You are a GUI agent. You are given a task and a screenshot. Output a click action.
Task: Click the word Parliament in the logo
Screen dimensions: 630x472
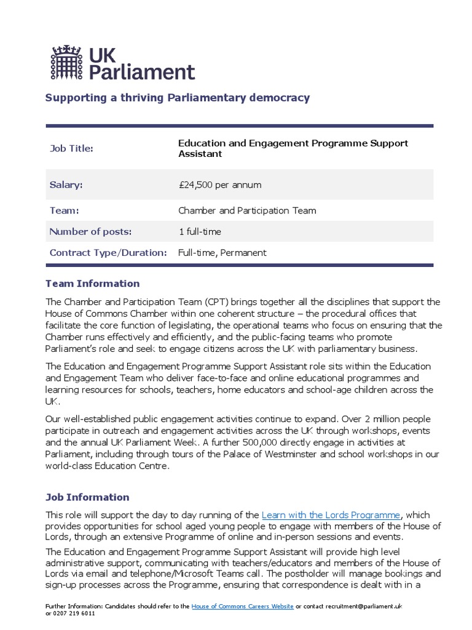(142, 72)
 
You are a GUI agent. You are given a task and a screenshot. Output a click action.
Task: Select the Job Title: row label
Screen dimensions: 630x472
(71, 148)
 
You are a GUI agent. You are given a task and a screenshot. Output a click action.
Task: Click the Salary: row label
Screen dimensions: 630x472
(66, 185)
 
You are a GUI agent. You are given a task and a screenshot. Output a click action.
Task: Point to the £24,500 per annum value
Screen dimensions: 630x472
(219, 185)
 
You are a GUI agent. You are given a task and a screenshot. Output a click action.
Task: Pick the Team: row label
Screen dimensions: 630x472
(64, 210)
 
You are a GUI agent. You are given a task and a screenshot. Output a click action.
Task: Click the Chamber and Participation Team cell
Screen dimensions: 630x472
(247, 210)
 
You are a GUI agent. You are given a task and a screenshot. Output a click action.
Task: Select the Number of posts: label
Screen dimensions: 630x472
(90, 231)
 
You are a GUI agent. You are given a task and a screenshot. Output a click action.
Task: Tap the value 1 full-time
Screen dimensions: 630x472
(199, 231)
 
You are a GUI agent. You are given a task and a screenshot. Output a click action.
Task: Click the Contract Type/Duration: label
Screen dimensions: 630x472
(108, 252)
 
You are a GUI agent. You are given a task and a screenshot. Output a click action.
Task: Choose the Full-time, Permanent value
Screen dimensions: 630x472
(222, 252)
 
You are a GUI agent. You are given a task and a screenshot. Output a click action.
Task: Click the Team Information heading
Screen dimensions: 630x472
(93, 284)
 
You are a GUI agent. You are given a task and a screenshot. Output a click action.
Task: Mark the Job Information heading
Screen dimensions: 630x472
(87, 497)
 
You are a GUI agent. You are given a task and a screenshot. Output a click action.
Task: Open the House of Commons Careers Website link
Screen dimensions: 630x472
(243, 606)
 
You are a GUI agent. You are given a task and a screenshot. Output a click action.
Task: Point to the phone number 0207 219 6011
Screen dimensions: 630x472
(74, 613)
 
